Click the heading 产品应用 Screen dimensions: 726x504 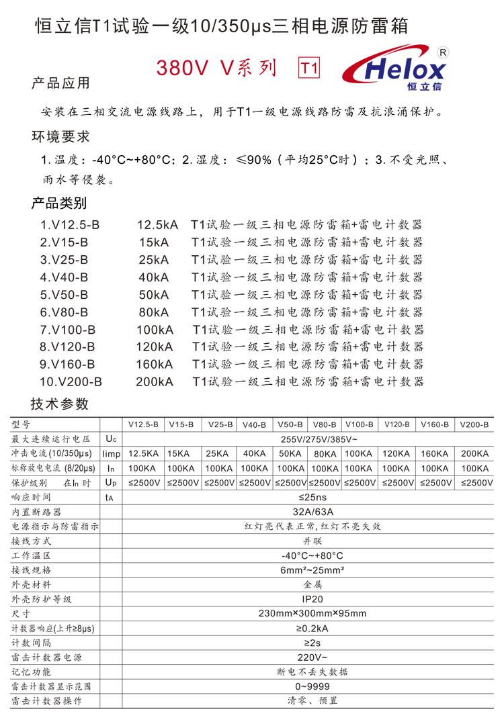pos(60,83)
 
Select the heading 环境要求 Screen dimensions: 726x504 pos(60,137)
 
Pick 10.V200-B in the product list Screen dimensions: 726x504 pos(71,381)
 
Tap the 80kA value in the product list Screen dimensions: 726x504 pos(153,312)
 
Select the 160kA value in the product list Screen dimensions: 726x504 pos(154,364)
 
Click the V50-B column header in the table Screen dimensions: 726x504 pos(290,425)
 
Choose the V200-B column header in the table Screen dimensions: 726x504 pos(474,425)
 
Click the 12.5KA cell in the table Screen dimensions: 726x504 pos(143,454)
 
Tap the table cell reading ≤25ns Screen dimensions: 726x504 pos(312,498)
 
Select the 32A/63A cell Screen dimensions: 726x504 pos(312,512)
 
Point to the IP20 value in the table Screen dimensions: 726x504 pos(312,599)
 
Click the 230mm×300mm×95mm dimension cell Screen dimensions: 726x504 pos(312,613)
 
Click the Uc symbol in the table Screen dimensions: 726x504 pos(111,439)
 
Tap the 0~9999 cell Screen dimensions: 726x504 pos(312,686)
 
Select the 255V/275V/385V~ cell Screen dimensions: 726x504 pos(312,439)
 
